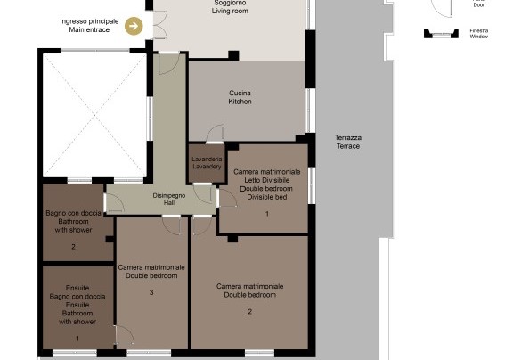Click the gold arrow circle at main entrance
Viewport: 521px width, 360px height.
click(x=134, y=26)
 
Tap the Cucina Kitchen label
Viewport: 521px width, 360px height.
click(x=240, y=97)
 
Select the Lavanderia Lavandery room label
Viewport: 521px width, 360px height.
click(x=207, y=162)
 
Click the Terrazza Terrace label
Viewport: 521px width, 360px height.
click(x=348, y=142)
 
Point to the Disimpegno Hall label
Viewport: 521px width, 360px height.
click(x=169, y=199)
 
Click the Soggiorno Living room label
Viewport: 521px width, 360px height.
click(x=230, y=7)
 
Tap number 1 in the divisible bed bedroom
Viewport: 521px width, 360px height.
click(x=267, y=214)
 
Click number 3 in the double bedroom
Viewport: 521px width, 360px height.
click(x=151, y=292)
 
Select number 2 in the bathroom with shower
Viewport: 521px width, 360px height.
click(x=73, y=247)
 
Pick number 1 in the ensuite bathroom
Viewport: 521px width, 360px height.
click(x=77, y=339)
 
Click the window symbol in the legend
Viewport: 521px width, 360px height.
click(x=441, y=33)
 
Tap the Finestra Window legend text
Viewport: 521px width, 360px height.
click(x=479, y=34)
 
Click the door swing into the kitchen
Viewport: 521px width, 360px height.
click(x=215, y=134)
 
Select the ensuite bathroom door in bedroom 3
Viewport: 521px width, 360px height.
click(x=124, y=335)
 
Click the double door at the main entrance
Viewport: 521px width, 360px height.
click(x=159, y=25)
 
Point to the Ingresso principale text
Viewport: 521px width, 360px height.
click(x=89, y=21)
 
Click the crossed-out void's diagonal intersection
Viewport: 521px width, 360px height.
click(x=94, y=115)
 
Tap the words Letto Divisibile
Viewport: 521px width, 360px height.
click(x=267, y=180)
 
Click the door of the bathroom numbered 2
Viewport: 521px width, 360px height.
click(x=114, y=202)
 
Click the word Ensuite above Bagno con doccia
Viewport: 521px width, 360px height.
click(x=77, y=288)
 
